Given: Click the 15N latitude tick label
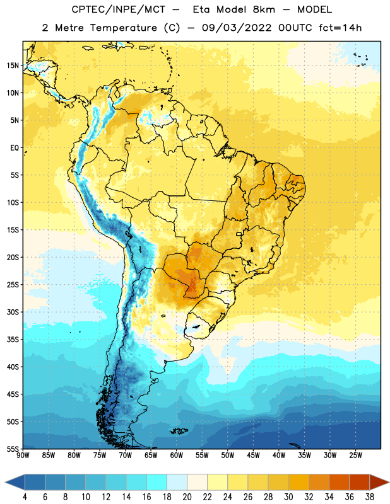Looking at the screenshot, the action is click(x=13, y=66).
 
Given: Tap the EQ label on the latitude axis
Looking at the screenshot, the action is click(x=15, y=148).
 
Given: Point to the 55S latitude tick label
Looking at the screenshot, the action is click(x=13, y=449).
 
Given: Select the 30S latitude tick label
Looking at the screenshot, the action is click(x=13, y=312).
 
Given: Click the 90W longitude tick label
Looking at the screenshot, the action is click(x=23, y=455).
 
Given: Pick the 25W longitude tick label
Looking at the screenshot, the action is click(x=355, y=455).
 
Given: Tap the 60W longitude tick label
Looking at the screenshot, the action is click(x=177, y=455).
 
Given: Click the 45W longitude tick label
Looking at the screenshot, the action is click(x=253, y=455).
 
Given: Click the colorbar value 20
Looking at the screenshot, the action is click(x=187, y=497).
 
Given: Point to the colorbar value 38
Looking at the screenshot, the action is click(x=370, y=497).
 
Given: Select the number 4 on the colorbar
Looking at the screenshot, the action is click(x=25, y=497).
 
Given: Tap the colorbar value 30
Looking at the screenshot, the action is click(x=288, y=497).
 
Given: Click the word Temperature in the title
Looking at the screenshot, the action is click(x=123, y=28).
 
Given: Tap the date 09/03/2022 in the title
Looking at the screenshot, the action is click(x=237, y=28).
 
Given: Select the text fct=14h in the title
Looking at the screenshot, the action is click(x=340, y=28).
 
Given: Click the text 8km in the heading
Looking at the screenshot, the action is click(x=264, y=9).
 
